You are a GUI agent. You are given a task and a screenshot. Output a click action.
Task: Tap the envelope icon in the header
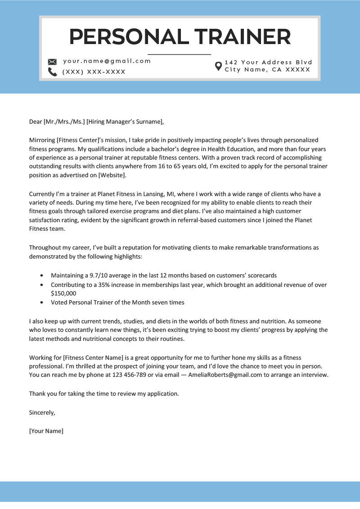pos(52,62)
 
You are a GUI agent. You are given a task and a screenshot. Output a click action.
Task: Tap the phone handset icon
pos(52,72)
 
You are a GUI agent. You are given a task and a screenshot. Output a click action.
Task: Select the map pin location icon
pos(218,66)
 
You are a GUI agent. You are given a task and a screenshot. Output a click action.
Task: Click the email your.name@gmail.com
pos(107,61)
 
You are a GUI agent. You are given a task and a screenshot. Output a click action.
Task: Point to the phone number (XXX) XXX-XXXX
pos(94,72)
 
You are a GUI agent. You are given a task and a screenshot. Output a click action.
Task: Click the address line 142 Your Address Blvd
pos(268,63)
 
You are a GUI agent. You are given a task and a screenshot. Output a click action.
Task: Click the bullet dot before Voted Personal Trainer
pos(42,303)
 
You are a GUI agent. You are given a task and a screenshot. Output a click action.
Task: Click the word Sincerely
pos(42,412)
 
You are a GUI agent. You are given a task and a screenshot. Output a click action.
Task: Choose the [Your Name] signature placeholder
pos(46,431)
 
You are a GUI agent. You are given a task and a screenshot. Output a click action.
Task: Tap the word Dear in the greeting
pos(35,121)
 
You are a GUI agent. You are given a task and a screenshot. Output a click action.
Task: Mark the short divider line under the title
pos(179,54)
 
